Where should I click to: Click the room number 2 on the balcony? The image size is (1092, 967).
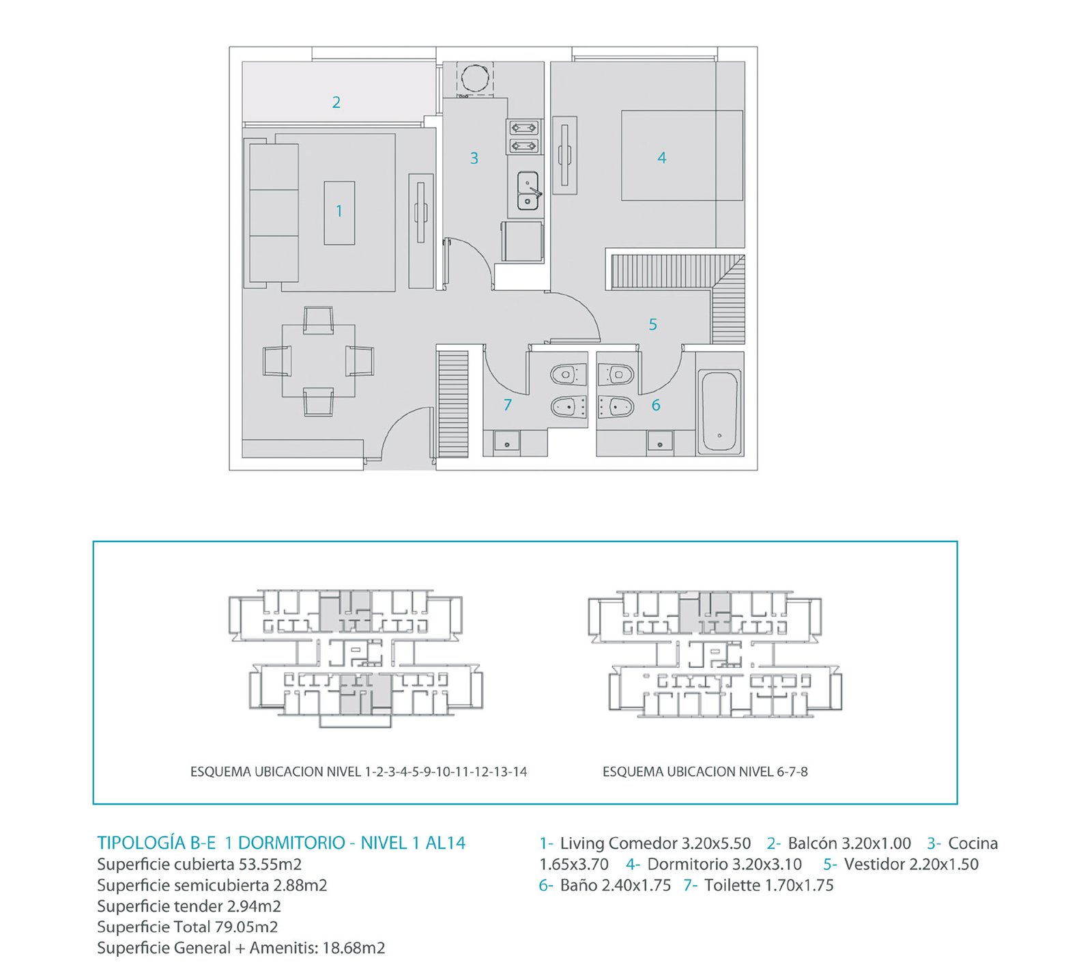point(336,102)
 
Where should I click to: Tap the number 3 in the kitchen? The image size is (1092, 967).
point(474,158)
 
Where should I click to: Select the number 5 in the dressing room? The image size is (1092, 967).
point(652,324)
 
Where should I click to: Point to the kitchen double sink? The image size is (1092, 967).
point(528,191)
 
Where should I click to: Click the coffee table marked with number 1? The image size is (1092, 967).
point(339,212)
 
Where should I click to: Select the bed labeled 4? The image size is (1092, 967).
point(682,156)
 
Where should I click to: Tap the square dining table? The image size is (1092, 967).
point(319,361)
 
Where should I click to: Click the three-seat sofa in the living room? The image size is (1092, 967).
point(274,212)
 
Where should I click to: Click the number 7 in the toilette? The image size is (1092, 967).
point(507,405)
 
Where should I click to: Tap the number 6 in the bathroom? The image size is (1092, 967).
point(655,405)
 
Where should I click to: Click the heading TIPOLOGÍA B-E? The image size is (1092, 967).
point(156,843)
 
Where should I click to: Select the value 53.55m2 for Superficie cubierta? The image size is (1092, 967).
point(270,864)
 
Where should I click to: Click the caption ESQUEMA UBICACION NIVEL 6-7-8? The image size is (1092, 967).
point(705,772)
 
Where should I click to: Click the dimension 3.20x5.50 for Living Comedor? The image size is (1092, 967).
point(716,843)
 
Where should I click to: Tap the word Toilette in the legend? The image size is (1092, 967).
point(732,885)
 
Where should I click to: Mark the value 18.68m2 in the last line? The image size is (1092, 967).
point(354,948)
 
